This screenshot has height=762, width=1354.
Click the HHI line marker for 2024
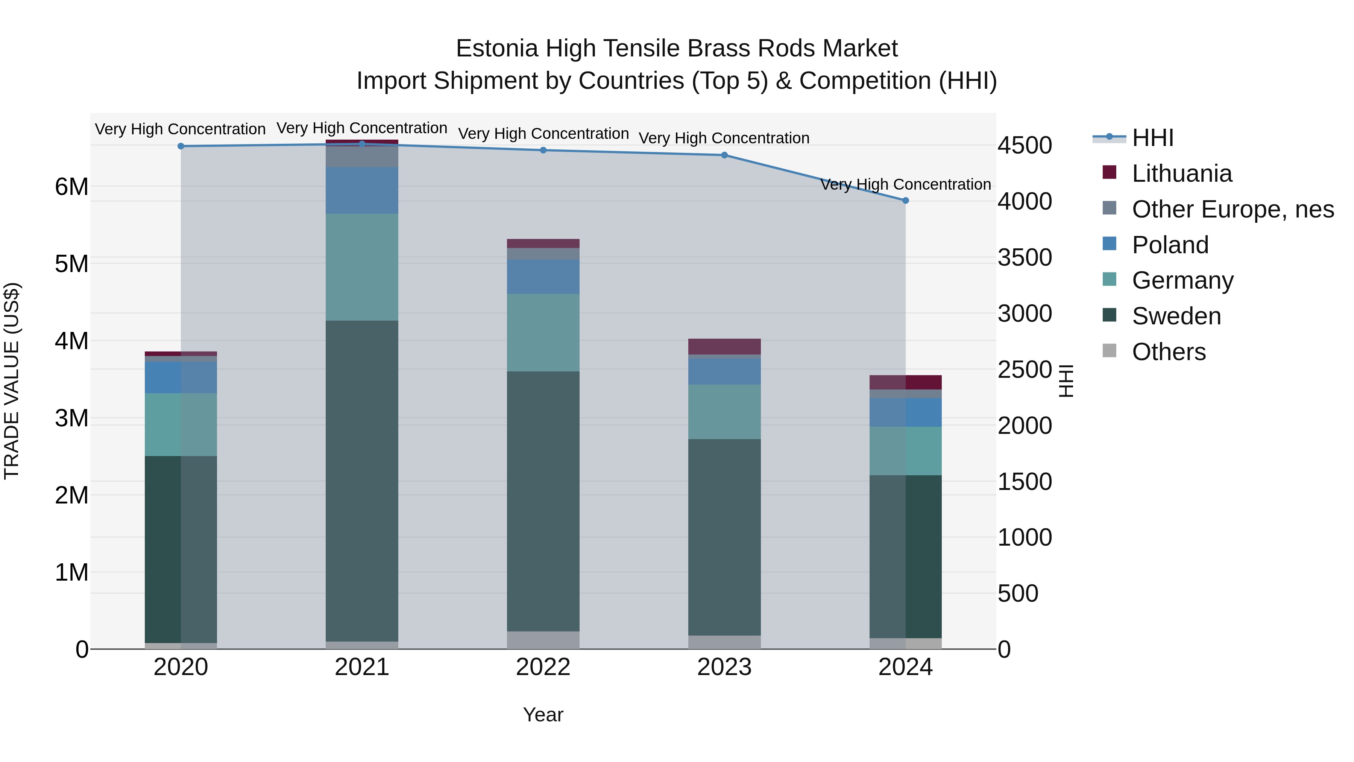point(905,200)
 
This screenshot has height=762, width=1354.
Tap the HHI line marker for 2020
point(181,146)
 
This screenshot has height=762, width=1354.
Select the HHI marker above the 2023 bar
point(724,155)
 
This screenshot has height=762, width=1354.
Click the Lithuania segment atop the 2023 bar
point(724,347)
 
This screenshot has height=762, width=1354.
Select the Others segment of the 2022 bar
point(543,640)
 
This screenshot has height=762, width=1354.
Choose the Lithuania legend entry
point(1181,173)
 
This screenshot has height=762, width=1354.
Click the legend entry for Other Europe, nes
point(1232,209)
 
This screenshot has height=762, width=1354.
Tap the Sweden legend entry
point(1176,316)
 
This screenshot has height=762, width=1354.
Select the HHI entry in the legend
point(1152,138)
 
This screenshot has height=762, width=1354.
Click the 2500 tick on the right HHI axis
point(1025,369)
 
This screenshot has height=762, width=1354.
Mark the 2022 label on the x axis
point(543,667)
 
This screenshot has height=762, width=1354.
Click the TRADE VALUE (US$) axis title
point(12,381)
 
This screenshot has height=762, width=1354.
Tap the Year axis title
point(543,715)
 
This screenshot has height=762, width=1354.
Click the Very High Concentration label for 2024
point(905,185)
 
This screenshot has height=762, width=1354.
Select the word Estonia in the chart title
point(497,49)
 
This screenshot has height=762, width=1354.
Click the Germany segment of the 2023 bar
point(724,412)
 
